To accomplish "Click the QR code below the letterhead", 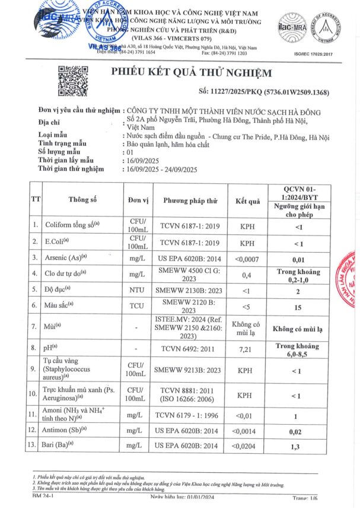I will (x=72, y=81).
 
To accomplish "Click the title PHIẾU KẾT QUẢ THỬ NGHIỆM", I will (x=192, y=73).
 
